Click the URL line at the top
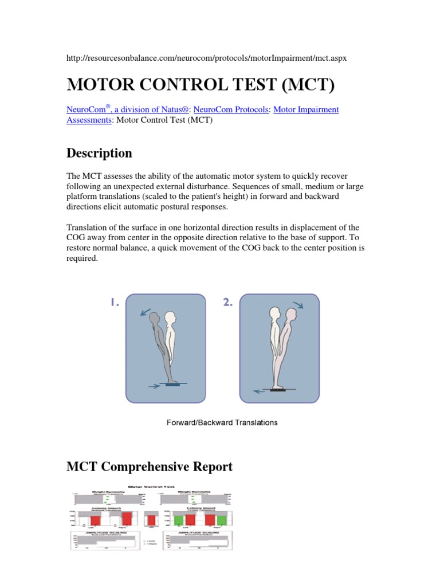207,58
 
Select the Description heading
99,153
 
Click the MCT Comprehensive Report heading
150,467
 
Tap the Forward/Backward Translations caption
221,422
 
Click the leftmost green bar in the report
178,519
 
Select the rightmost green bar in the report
227,519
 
